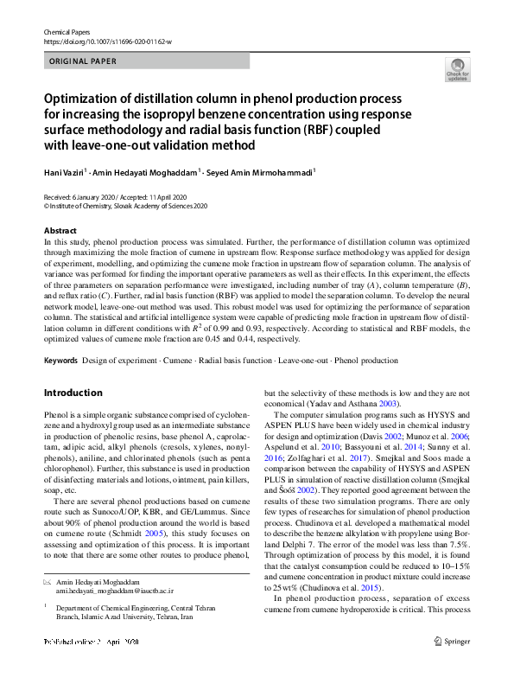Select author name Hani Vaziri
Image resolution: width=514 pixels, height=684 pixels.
(x=67, y=172)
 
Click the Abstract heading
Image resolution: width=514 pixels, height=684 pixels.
(x=60, y=232)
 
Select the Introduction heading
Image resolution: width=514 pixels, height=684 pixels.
(x=73, y=393)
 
